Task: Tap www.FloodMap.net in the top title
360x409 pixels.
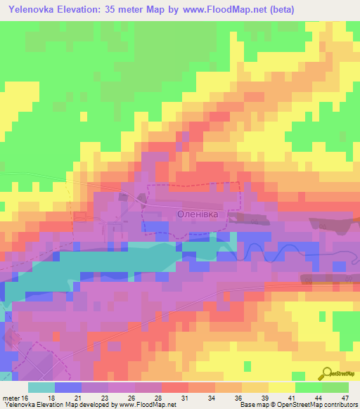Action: tap(226, 10)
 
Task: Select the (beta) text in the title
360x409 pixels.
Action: tap(279, 10)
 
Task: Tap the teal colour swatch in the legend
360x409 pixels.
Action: tap(41, 387)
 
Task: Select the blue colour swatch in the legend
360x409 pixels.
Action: tap(67, 387)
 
